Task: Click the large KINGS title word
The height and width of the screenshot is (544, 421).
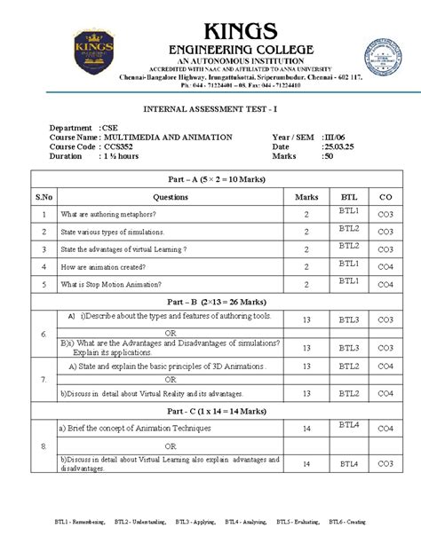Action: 210,28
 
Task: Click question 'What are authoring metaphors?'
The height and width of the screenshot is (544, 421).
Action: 108,214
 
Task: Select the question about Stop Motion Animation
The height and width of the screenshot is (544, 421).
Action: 117,284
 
